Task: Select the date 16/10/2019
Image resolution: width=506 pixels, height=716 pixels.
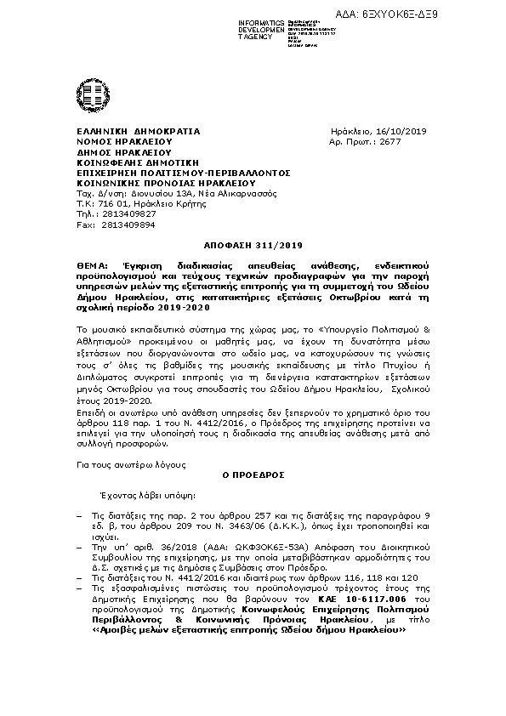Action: coord(401,131)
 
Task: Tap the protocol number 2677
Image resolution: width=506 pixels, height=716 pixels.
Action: coord(389,142)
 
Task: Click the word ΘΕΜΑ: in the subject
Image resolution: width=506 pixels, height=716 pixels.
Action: coord(94,266)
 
